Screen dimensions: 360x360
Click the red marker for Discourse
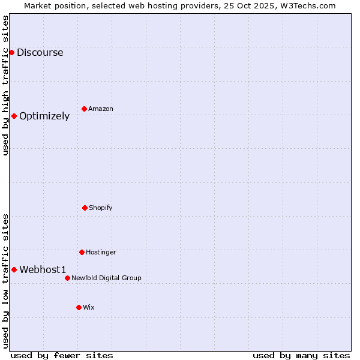[11, 52]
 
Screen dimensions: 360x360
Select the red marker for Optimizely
[14, 116]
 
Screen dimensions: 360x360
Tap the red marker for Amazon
[84, 109]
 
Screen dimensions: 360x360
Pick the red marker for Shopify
[85, 208]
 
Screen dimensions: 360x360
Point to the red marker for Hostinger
[82, 252]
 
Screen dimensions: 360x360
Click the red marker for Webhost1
[14, 269]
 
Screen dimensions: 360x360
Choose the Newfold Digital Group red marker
[67, 278]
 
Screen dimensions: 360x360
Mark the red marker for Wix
[79, 307]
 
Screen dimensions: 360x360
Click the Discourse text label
[40, 52]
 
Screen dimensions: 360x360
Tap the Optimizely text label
[44, 116]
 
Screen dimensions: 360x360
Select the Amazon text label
[101, 109]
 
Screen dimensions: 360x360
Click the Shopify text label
[101, 208]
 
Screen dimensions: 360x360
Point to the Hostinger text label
[101, 252]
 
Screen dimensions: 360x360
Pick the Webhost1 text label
[43, 269]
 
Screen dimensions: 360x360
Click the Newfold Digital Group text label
[106, 278]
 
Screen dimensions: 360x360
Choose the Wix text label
[89, 307]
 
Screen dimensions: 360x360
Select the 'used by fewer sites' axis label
[62, 355]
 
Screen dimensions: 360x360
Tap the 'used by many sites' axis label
[301, 355]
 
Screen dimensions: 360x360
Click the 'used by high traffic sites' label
[5, 85]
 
